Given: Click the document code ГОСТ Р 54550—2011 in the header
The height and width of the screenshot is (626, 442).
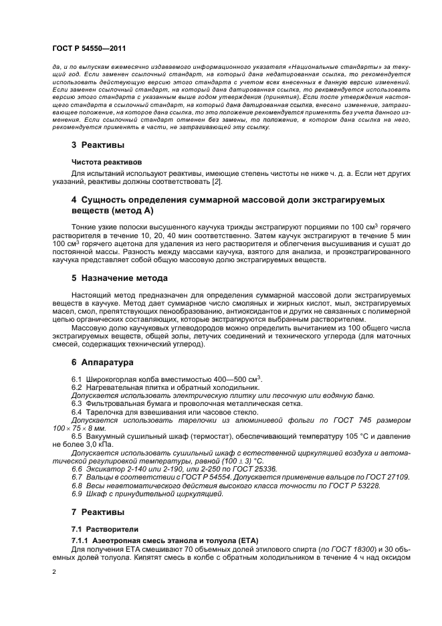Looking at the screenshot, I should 88,49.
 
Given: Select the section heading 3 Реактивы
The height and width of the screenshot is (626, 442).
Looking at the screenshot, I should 98,144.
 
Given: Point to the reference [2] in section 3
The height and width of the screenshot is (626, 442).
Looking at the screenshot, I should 217,182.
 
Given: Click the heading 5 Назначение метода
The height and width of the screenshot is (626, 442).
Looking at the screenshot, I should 119,278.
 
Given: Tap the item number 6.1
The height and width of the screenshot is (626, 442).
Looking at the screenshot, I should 76,380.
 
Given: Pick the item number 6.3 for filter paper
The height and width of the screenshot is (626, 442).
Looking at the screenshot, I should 76,403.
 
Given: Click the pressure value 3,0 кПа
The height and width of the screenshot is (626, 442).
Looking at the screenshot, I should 98,443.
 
